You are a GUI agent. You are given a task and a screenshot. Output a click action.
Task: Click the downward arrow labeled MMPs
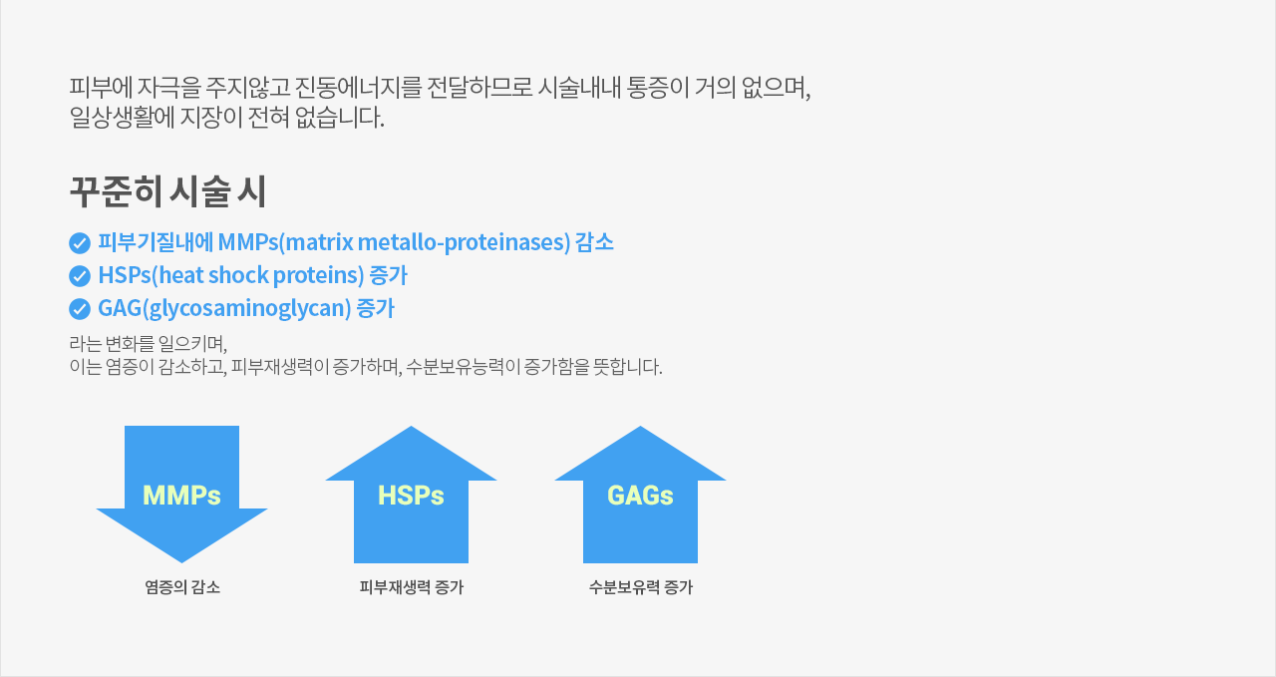tap(181, 495)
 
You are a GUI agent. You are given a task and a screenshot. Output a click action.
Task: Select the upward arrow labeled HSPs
tap(412, 495)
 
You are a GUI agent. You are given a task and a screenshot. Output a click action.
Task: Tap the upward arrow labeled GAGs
tap(640, 495)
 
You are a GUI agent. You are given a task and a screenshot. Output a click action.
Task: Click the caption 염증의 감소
tap(182, 587)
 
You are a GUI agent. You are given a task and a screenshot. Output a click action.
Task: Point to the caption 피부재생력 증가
tap(412, 587)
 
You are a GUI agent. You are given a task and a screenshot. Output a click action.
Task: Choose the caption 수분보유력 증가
tap(640, 587)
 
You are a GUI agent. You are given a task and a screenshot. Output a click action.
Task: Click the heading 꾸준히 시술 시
tap(167, 191)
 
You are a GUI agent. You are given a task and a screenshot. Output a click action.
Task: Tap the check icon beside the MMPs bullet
tap(80, 243)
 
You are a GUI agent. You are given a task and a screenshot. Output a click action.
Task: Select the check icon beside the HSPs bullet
tap(80, 276)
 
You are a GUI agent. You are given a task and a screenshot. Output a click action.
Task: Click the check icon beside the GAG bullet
tap(80, 309)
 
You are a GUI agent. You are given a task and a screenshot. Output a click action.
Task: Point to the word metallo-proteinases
tap(464, 242)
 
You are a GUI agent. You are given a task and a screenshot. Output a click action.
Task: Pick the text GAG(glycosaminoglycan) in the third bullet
tap(224, 309)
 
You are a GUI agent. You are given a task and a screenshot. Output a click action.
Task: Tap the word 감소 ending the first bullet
tap(594, 242)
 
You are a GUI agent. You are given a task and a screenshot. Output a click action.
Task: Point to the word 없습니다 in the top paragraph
tap(340, 118)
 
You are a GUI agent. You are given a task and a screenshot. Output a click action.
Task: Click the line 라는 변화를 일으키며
tap(149, 344)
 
